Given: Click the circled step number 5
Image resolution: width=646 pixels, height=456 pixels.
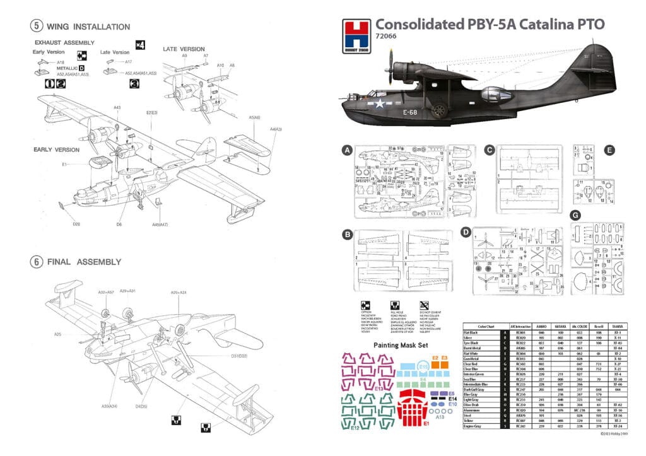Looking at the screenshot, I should click(37, 26).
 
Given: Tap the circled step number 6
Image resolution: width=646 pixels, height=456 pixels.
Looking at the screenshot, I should click(37, 262).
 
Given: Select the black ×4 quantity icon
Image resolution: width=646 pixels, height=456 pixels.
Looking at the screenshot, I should click(140, 45).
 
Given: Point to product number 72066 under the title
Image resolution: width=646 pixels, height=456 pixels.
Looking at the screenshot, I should click(386, 37).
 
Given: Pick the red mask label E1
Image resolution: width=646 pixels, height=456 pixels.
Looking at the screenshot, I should click(426, 424).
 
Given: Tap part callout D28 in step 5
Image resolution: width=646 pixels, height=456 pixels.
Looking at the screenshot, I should click(76, 224).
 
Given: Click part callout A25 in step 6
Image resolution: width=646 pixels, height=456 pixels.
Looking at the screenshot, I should click(57, 334).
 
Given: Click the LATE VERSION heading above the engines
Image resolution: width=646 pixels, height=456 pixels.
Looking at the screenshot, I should click(184, 49).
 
